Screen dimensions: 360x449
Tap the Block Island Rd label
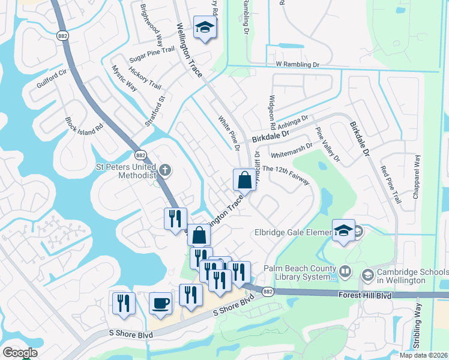tap(85, 124)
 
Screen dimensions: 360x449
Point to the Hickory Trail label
tap(145, 78)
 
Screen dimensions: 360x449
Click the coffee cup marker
tap(160, 303)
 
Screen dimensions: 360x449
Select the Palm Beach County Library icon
tap(345, 271)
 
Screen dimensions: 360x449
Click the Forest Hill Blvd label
tap(384, 295)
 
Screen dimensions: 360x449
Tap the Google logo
tap(20, 353)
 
